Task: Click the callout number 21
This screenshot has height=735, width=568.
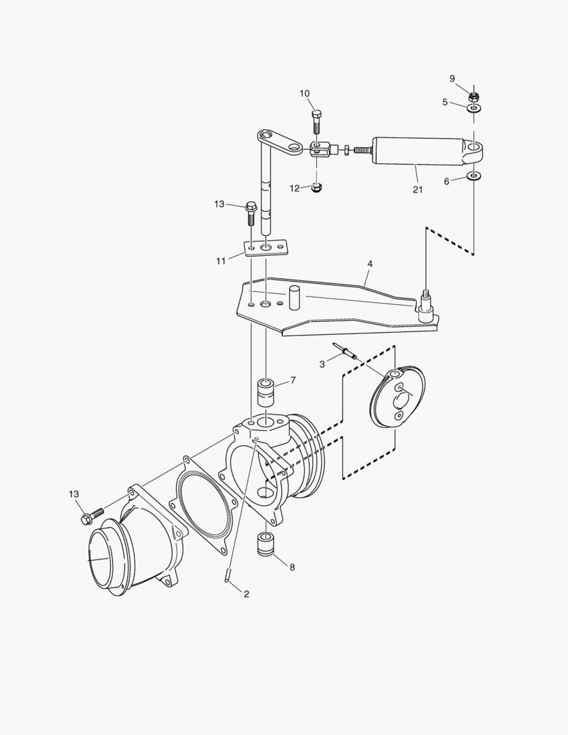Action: pos(417,189)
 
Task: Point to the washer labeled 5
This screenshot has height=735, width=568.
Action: pos(474,107)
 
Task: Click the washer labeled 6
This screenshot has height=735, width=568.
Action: pos(474,178)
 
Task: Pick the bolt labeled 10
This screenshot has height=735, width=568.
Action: pos(316,122)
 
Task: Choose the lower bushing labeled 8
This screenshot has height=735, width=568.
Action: pos(265,545)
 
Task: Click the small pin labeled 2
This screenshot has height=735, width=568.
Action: pos(229,575)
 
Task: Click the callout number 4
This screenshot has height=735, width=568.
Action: pos(369,263)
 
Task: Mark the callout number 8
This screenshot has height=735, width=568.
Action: pos(292,567)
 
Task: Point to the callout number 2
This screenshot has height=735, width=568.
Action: pos(246,594)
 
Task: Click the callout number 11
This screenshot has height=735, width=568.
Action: pos(220,260)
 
